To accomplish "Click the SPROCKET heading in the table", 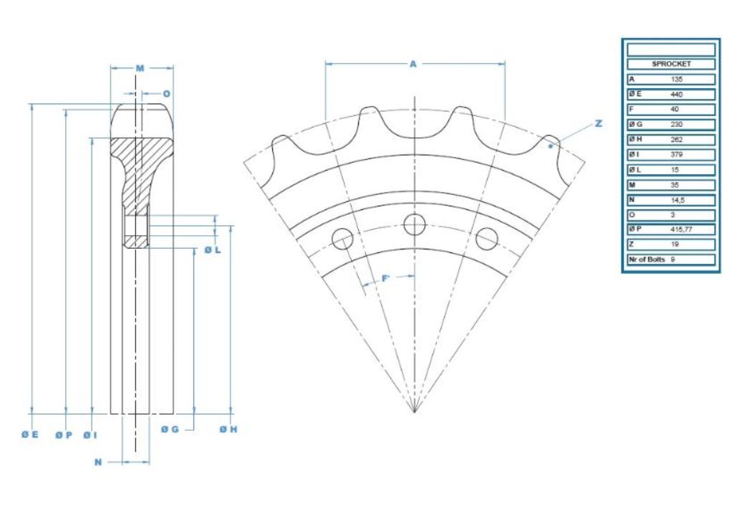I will pos(671,64).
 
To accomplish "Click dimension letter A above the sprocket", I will pos(413,64).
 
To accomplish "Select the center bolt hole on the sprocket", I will pos(415,224).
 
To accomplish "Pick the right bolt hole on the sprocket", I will pos(487,238).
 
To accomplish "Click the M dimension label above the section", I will pos(140,68).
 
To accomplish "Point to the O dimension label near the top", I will pos(166,93).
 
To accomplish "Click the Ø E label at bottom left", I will pos(29,434).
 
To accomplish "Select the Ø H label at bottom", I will pos(228,429).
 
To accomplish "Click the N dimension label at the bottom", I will pos(99,462).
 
